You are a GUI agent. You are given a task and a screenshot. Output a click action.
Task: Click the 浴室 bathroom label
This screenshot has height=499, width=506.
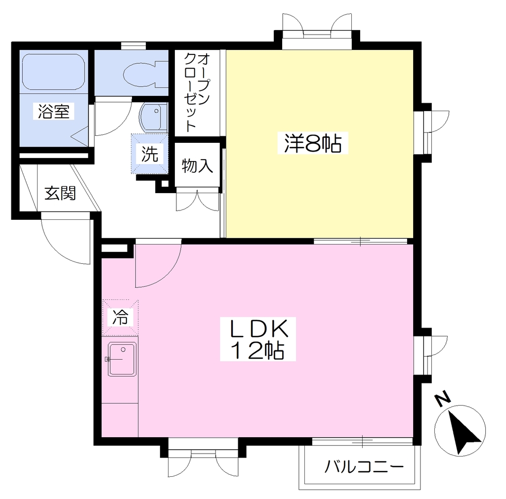(53, 111)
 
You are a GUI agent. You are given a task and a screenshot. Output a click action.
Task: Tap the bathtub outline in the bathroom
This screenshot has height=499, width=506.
(53, 72)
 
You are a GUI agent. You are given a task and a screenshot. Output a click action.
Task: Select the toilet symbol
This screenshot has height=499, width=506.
(146, 74)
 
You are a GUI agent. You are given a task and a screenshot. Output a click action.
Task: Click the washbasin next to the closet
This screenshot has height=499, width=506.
(154, 118)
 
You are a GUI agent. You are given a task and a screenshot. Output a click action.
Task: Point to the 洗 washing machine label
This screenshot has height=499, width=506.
(150, 154)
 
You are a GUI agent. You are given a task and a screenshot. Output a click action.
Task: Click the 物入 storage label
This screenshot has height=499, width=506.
(197, 166)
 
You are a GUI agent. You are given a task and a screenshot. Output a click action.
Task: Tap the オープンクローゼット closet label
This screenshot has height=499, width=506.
(197, 92)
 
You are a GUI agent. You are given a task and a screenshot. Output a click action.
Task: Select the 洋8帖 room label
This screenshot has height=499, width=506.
(313, 143)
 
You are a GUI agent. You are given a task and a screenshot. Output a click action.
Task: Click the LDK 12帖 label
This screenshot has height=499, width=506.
(258, 339)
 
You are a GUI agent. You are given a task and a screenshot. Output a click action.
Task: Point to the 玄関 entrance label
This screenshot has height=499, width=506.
(60, 193)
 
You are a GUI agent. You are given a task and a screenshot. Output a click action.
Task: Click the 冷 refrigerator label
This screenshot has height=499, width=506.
(121, 317)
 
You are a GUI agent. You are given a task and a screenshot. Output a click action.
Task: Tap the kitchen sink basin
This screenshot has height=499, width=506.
(122, 359)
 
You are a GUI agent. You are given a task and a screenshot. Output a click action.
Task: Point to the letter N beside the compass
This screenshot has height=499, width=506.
(443, 399)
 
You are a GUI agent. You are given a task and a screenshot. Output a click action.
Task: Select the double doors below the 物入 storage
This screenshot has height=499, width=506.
(197, 201)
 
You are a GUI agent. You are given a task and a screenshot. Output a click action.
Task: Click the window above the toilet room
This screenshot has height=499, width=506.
(133, 46)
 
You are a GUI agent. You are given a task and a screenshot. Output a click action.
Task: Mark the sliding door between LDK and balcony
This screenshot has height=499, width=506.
(362, 441)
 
